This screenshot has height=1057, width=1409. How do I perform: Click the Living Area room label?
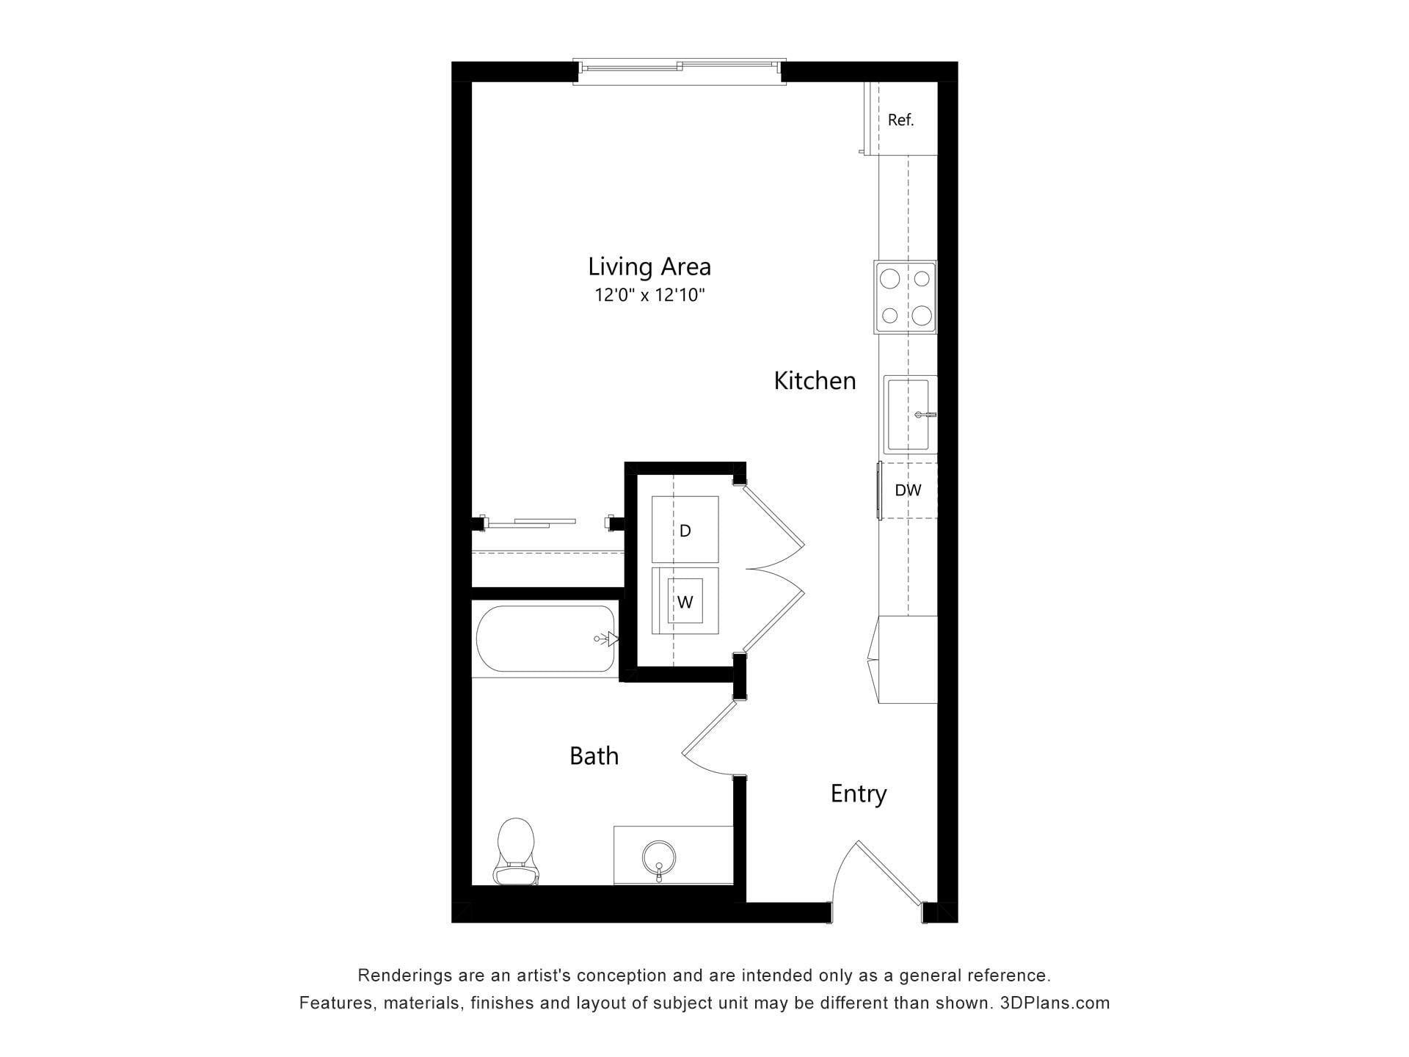(x=649, y=266)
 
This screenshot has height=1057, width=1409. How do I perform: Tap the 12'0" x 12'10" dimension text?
(x=649, y=295)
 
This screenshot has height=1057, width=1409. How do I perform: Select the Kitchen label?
(x=815, y=380)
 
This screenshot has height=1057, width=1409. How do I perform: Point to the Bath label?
(x=594, y=755)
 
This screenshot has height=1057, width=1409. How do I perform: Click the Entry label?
(x=859, y=793)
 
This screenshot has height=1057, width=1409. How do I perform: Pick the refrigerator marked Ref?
(x=901, y=119)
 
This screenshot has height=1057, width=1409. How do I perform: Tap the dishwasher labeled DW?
(x=908, y=490)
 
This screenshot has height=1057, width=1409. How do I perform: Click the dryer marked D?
(x=685, y=529)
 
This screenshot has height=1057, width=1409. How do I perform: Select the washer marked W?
(x=685, y=600)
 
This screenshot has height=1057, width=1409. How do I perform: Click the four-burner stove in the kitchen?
(x=905, y=297)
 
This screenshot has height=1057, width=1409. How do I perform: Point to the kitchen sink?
(x=910, y=415)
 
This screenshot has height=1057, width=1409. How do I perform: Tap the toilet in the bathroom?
(x=516, y=851)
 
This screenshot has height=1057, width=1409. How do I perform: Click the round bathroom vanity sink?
(x=658, y=857)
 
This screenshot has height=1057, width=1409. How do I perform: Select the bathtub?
(x=545, y=638)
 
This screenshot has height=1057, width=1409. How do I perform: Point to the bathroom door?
(x=709, y=738)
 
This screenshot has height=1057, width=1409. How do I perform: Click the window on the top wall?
(x=680, y=71)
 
